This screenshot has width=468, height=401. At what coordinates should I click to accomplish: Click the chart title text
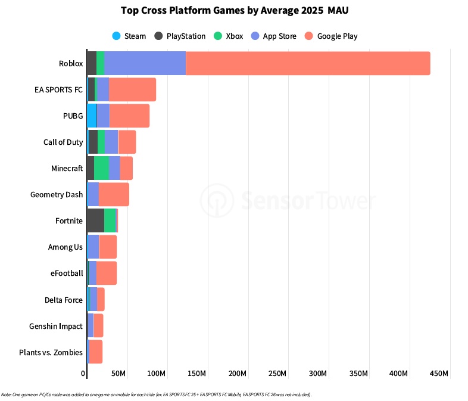coord(234,10)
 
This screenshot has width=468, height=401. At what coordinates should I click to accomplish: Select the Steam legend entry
coord(129,36)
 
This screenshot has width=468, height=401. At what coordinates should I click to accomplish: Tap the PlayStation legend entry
coord(180,36)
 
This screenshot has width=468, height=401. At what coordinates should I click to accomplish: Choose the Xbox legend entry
coord(229,36)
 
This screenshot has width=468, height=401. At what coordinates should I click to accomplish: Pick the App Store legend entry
coord(274,36)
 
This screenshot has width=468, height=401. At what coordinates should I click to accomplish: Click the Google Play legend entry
coord(331,36)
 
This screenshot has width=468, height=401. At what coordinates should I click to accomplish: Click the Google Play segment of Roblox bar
coord(308,63)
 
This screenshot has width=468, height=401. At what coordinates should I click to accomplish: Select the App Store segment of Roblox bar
coord(145,63)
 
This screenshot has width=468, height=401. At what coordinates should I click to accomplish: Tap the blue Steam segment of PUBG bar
coord(92,116)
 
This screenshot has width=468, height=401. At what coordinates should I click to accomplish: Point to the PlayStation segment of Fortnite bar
coord(95,220)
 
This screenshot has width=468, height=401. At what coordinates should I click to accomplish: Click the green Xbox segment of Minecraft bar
coord(101,168)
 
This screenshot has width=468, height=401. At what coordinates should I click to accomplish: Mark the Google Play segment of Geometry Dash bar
coord(114,194)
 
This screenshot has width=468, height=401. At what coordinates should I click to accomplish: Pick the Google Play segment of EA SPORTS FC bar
coord(132,89)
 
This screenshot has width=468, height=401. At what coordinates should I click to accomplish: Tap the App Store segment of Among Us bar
coord(93,247)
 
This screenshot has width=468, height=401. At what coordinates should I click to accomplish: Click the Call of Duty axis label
coord(63,142)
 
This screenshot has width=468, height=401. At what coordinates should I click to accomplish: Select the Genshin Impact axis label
coord(56,326)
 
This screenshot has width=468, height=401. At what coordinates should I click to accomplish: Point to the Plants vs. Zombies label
coord(51,352)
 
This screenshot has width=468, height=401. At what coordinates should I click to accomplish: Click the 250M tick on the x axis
coord(278,374)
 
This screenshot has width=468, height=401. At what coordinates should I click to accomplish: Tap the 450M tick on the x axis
coord(439,374)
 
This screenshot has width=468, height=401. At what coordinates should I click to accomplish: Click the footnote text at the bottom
coord(156,394)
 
